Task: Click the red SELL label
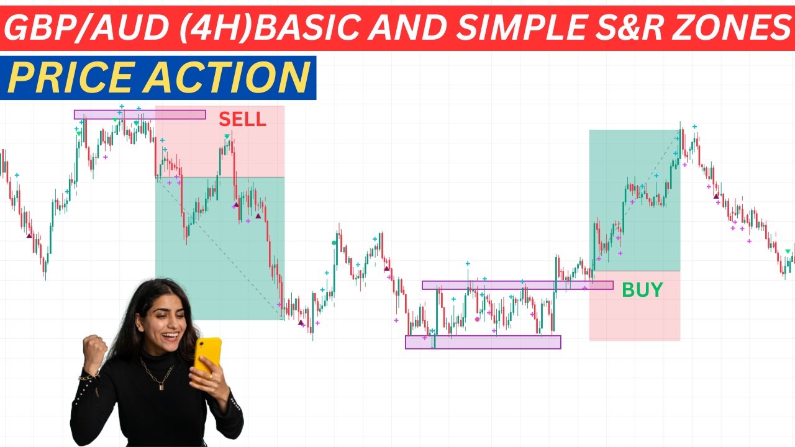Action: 242,119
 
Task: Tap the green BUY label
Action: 642,290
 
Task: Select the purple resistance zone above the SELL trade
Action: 140,114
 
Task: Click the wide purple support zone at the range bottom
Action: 483,342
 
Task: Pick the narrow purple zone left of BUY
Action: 517,285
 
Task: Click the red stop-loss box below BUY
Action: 634,317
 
